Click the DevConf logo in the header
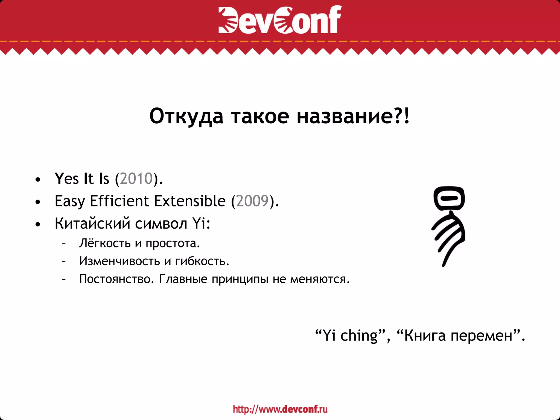[280, 20]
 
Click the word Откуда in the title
[186, 116]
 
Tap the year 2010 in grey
[136, 179]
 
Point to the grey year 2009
[252, 201]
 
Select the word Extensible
[190, 201]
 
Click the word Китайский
[92, 223]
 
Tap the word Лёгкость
[105, 243]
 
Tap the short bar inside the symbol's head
[449, 198]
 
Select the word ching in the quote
[359, 336]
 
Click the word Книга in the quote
[425, 336]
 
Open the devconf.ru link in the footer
[280, 409]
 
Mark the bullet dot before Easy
[38, 202]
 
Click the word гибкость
[202, 261]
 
